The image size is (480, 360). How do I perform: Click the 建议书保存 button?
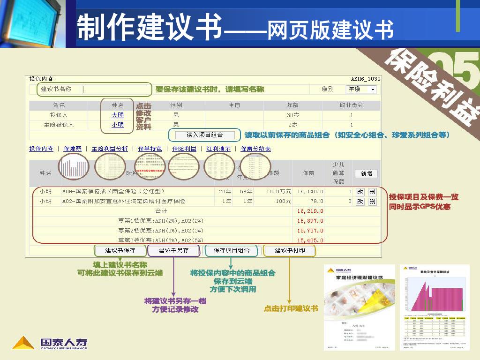[x=120, y=251]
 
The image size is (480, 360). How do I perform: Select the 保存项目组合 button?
[x=232, y=251]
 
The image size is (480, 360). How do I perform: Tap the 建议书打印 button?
[x=290, y=251]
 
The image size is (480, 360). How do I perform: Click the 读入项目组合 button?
[x=205, y=135]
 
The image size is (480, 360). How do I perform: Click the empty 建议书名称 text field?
[x=117, y=89]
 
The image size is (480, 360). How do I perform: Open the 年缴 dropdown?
[x=361, y=89]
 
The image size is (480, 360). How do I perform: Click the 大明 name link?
[x=118, y=115]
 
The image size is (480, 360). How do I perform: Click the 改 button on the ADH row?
[x=360, y=191]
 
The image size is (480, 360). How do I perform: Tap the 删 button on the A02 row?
[x=372, y=202]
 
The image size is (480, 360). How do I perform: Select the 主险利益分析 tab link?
[x=110, y=149]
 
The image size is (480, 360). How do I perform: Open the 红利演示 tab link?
[x=218, y=149]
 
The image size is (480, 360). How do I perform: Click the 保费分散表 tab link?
[x=255, y=149]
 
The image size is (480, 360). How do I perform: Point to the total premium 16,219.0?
[x=310, y=211]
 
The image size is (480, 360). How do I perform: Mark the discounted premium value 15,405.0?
[x=310, y=240]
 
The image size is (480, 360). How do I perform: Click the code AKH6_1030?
[x=366, y=79]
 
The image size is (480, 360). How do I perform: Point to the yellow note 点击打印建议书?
[x=291, y=309]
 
